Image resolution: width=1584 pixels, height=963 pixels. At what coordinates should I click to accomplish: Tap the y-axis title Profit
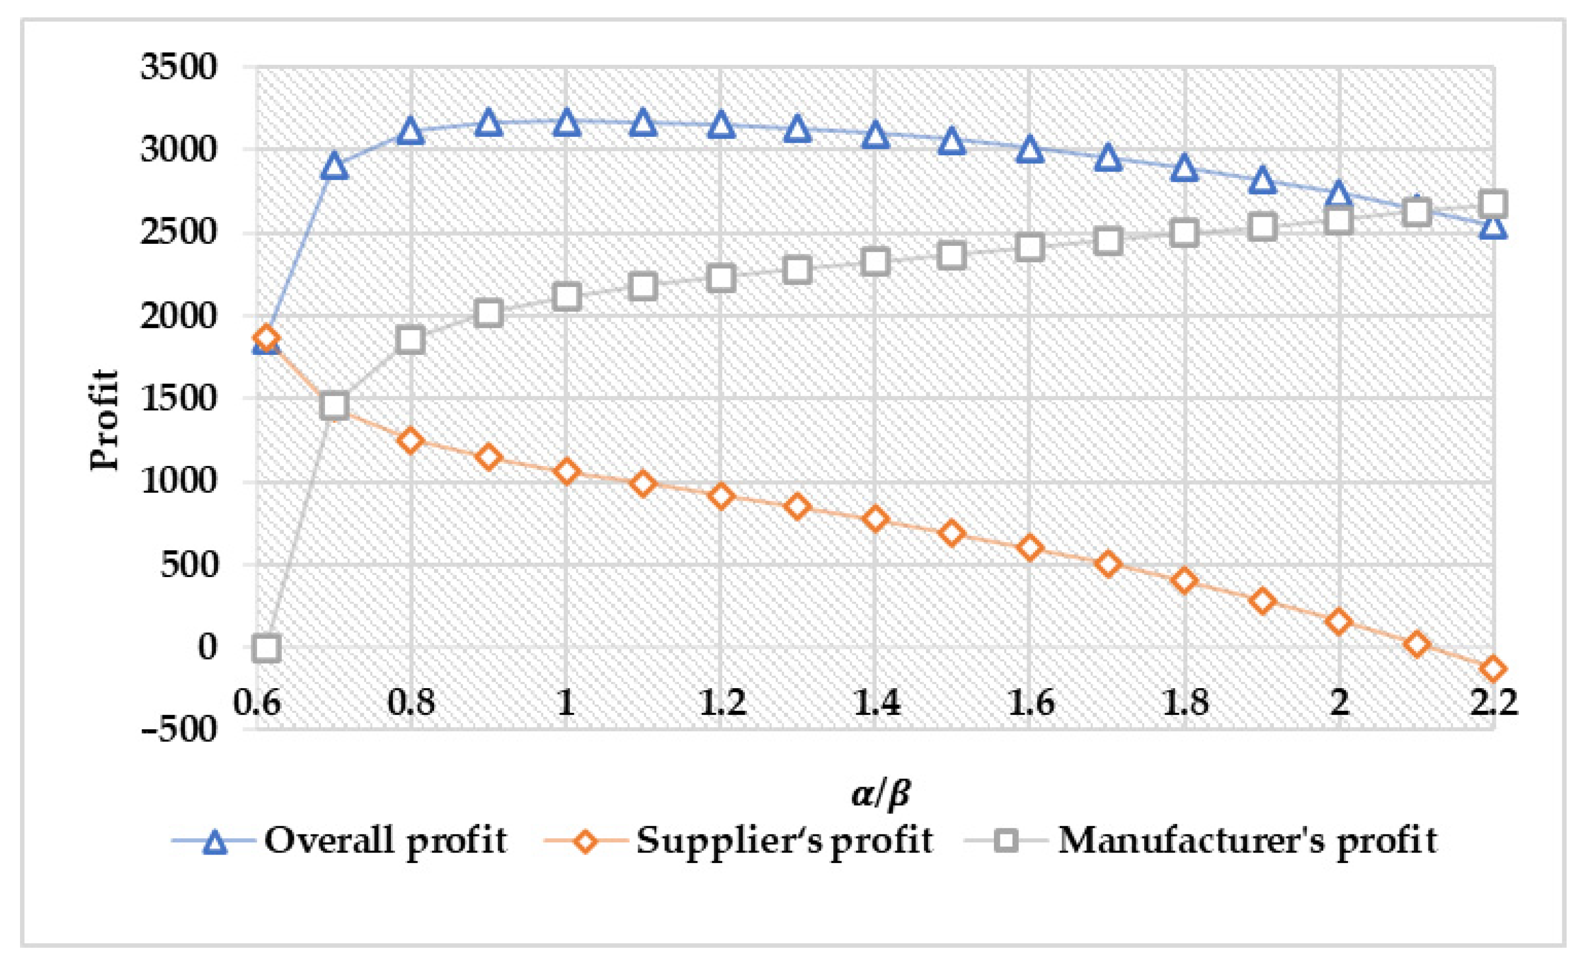point(105,420)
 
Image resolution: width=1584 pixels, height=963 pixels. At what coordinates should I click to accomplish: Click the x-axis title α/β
point(881,794)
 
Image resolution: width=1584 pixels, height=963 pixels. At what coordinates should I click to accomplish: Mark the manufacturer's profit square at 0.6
point(266,648)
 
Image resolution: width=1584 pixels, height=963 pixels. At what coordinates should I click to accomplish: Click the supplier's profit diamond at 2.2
point(1493,669)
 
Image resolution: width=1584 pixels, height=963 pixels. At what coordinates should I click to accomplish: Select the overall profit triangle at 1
point(566,123)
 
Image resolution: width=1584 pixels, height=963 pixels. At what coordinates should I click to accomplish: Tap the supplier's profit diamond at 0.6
point(266,337)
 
